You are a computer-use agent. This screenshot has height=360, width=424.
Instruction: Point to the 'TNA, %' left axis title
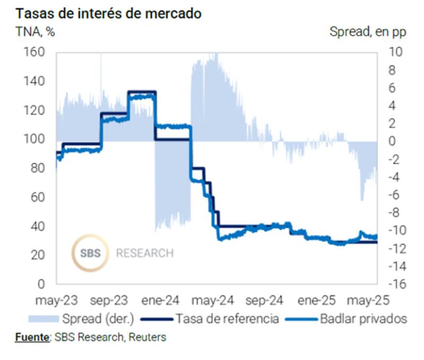[35, 31]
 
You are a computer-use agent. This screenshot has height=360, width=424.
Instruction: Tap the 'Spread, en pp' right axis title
[368, 31]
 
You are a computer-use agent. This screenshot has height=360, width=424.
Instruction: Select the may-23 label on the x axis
[56, 300]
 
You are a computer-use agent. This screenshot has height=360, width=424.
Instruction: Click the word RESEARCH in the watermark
[145, 253]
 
